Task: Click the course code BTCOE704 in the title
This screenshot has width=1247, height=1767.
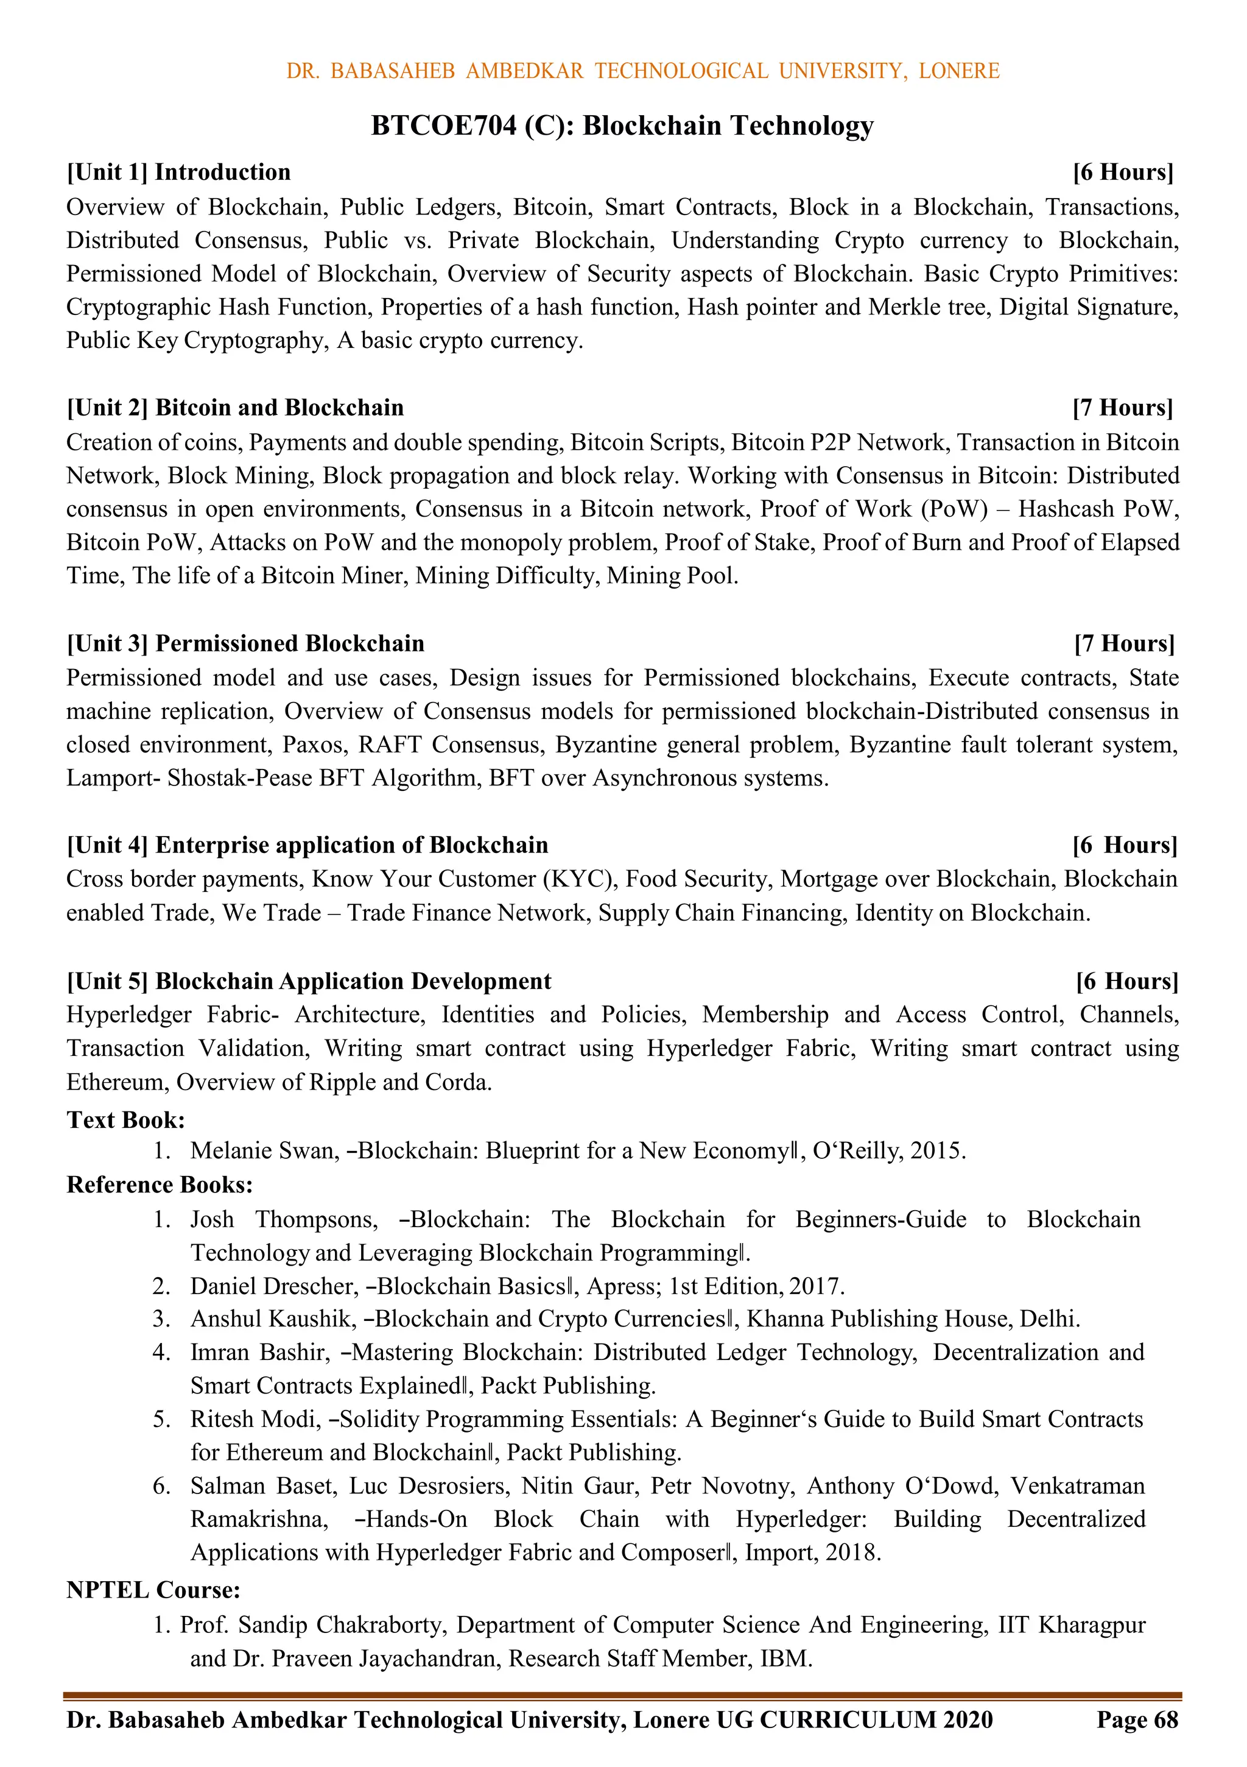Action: tap(444, 126)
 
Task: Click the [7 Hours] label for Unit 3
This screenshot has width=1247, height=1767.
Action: tap(1124, 643)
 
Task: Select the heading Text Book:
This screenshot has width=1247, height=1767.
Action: tap(125, 1120)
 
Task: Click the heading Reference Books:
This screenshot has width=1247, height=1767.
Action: tap(160, 1184)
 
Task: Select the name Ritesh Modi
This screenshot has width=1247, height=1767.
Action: tap(255, 1419)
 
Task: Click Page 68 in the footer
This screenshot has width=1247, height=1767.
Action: tap(1136, 1720)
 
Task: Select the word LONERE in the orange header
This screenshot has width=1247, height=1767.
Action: tap(958, 71)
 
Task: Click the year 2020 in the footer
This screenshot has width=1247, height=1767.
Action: tap(968, 1720)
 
